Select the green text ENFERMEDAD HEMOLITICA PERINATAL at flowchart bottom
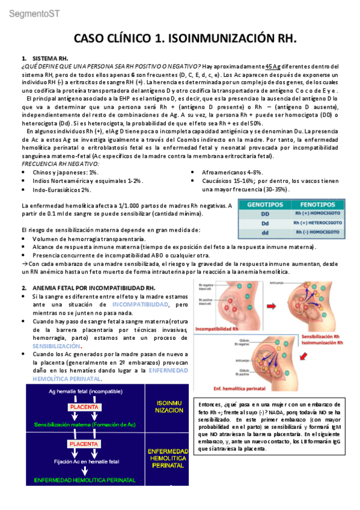(85, 480)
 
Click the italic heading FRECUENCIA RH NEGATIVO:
(61, 164)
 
